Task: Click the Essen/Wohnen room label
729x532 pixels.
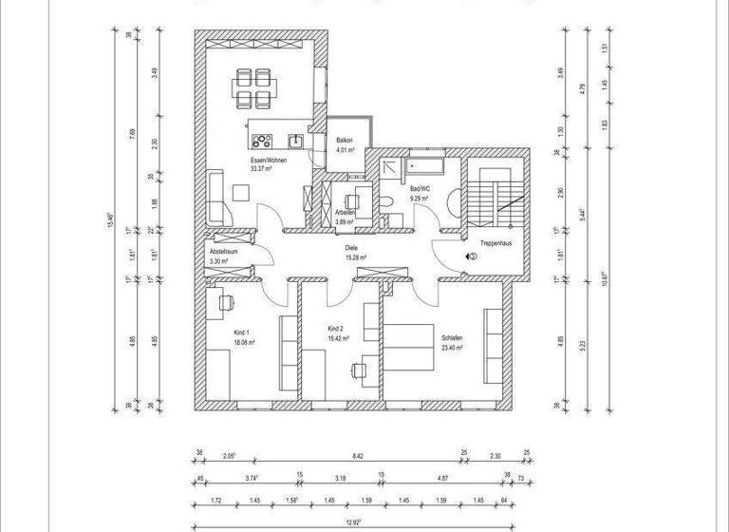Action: [x=269, y=161]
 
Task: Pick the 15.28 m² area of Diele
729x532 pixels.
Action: [x=355, y=257]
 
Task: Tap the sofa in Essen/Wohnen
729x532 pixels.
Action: [x=214, y=195]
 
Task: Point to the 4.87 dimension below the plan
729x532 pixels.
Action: [x=442, y=479]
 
